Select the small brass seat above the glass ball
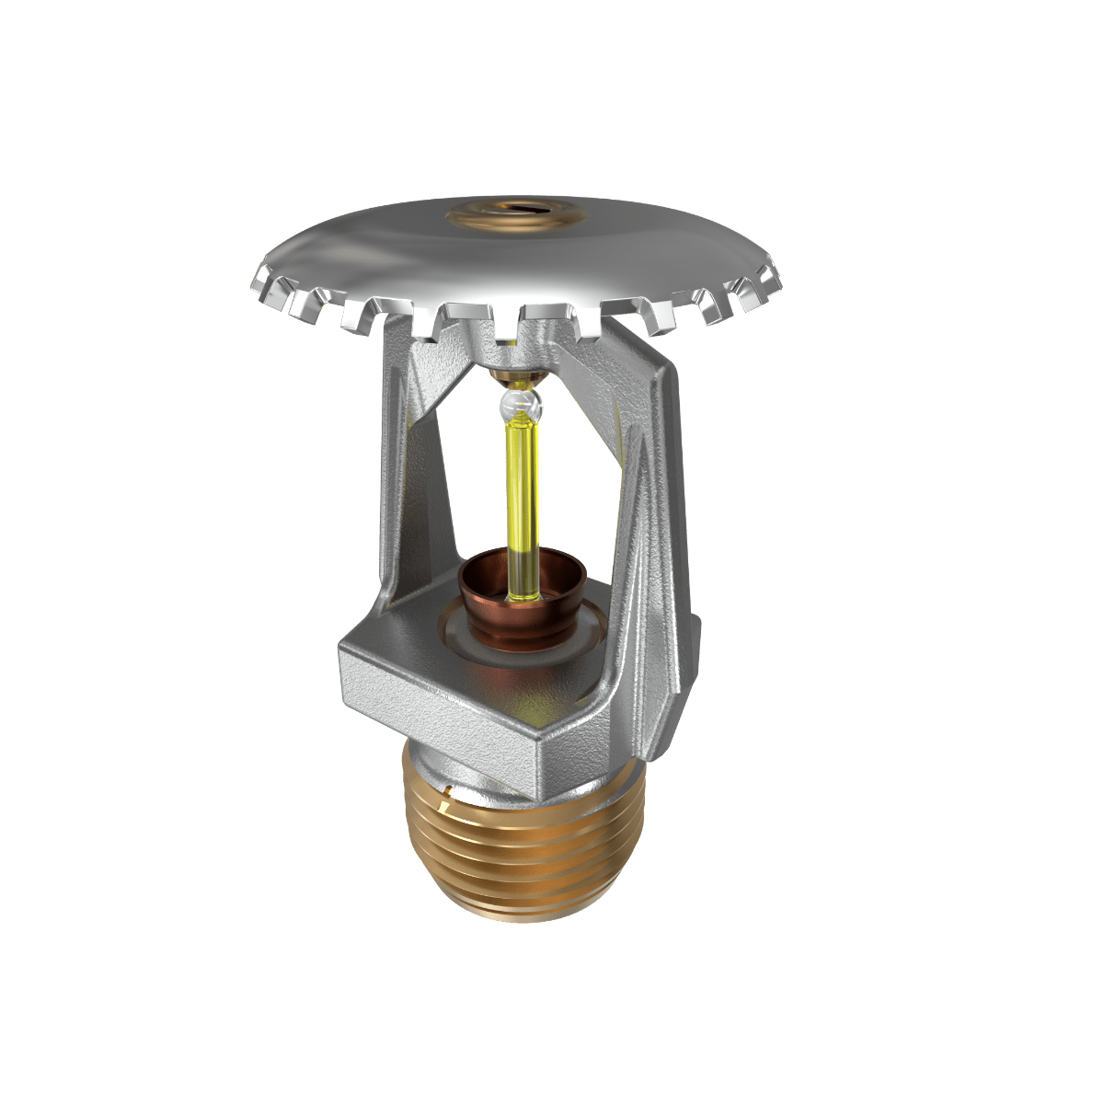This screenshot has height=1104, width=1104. click(515, 375)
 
